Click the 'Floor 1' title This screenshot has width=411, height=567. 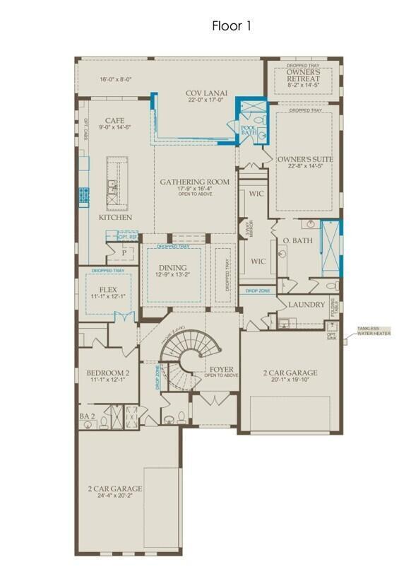(231, 26)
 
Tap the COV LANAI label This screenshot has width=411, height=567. (205, 93)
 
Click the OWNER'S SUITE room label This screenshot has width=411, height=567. (305, 160)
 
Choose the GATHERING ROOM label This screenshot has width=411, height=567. (195, 182)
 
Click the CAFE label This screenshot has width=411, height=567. (114, 121)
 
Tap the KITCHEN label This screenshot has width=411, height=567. (115, 217)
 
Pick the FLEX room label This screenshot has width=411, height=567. (108, 290)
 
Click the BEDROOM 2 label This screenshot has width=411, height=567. (108, 373)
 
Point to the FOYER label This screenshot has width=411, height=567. (222, 370)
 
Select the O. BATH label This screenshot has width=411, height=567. (297, 241)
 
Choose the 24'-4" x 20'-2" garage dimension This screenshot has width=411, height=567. (115, 496)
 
